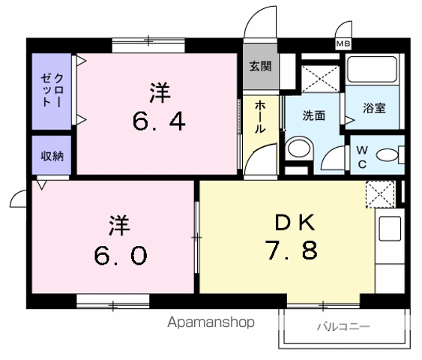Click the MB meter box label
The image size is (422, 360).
click(343, 44)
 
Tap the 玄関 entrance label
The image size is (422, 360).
click(260, 66)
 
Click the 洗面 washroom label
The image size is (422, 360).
click(314, 115)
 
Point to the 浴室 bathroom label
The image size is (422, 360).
click(374, 108)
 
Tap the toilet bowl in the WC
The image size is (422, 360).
click(387, 155)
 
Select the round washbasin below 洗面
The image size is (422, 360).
click(299, 147)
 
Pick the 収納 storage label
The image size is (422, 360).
click(52, 156)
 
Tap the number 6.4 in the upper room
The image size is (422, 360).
click(160, 121)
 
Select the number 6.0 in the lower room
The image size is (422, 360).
click(120, 256)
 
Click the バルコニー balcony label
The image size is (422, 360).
click(343, 327)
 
